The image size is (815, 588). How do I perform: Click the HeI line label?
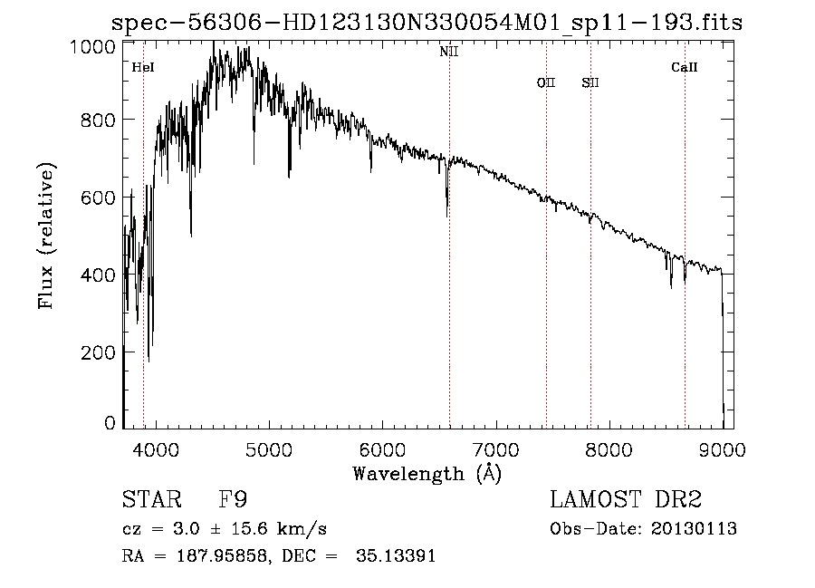tap(142, 67)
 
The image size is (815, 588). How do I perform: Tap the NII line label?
tap(449, 53)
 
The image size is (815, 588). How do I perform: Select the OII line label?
tap(545, 83)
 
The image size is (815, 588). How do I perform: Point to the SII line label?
tap(590, 83)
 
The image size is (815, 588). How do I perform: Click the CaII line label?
tap(685, 67)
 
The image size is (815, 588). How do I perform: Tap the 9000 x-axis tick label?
tap(722, 449)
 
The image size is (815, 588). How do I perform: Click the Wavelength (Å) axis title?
tap(427, 473)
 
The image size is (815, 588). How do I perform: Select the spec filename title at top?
tap(427, 24)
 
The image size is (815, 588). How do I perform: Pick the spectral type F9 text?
tap(234, 501)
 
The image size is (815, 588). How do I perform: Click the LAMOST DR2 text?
tap(626, 501)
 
